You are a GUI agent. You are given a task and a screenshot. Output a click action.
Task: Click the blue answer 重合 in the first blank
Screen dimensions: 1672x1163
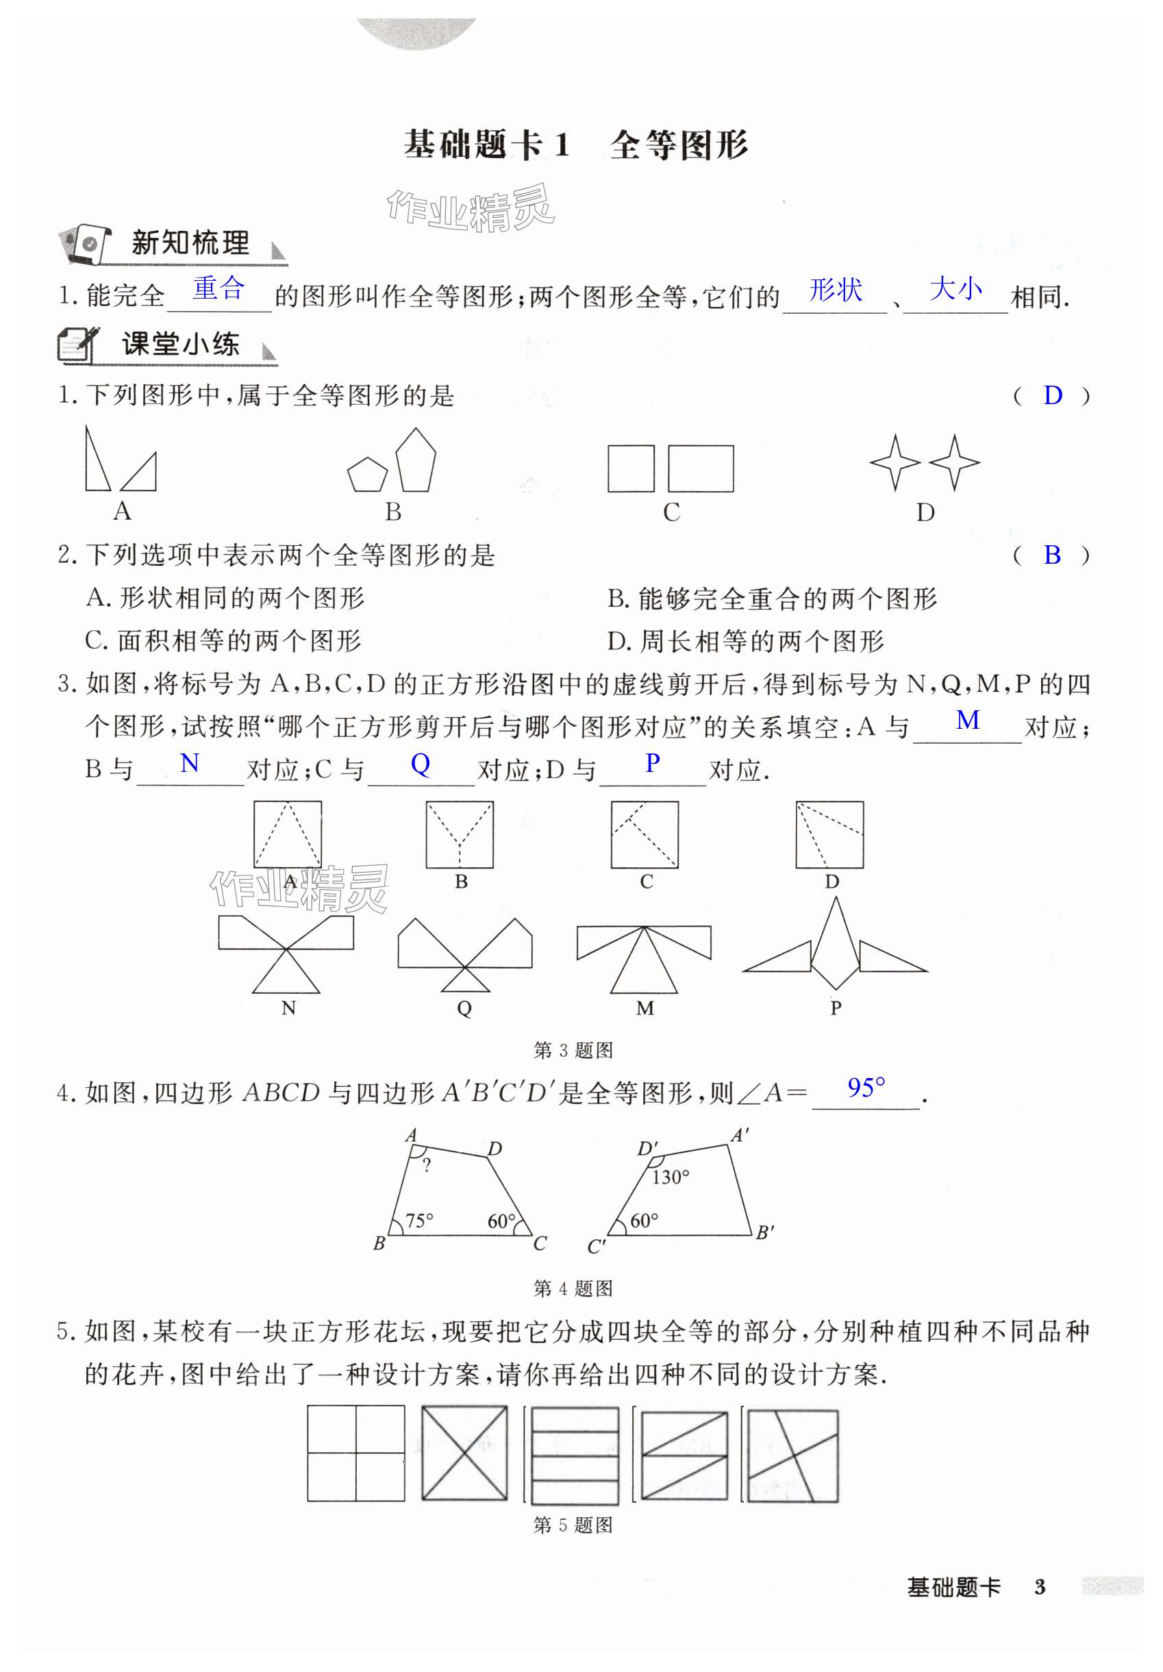coord(218,288)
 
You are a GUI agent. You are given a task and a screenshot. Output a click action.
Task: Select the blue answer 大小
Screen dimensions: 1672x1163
coord(955,288)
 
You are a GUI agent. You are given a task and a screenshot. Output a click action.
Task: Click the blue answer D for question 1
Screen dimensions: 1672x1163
coord(1052,395)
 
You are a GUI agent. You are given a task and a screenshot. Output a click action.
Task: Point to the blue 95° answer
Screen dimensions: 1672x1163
coord(866,1088)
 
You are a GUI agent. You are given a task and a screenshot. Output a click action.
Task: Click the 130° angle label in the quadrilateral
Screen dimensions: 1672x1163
coord(670,1177)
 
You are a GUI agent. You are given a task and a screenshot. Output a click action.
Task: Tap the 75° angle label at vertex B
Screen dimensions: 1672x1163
coord(418,1221)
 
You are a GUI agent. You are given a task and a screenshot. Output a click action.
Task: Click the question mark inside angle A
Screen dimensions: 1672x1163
coord(427,1166)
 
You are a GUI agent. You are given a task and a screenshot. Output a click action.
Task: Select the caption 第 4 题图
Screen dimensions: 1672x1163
coord(573,1288)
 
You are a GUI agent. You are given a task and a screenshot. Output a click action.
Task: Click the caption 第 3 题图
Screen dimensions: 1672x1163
coord(573,1050)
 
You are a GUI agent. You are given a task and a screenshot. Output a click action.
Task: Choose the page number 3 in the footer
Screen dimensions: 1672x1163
coord(1040,1588)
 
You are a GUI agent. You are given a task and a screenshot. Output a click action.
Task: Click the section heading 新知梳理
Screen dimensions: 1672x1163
coord(190,242)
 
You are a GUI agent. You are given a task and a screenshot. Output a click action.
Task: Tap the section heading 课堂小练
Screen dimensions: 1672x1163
coord(181,344)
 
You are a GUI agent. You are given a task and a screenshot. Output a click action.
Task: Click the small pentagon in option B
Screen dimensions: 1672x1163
coord(367,475)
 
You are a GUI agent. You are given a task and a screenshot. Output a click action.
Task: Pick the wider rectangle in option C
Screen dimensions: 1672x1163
coord(701,469)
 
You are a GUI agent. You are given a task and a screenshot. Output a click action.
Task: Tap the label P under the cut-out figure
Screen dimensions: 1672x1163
coord(836,1008)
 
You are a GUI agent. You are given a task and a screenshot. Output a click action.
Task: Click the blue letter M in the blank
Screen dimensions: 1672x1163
coord(967,720)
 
